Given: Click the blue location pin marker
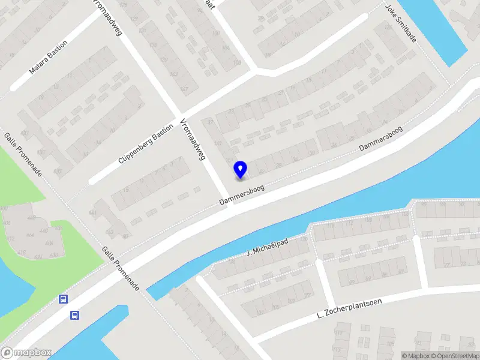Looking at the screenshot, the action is pyautogui.click(x=240, y=169).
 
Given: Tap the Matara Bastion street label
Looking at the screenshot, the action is pyautogui.click(x=49, y=58).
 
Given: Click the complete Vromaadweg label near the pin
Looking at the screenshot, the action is pyautogui.click(x=193, y=140).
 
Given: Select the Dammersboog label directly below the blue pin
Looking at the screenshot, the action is pyautogui.click(x=241, y=195).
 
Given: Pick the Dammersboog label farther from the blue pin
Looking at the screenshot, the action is pyautogui.click(x=380, y=138).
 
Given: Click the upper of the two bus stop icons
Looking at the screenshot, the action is pyautogui.click(x=62, y=299).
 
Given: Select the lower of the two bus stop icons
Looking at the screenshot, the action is pyautogui.click(x=76, y=315).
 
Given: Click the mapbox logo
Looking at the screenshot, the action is pyautogui.click(x=26, y=353).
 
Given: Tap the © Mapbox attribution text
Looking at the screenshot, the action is pyautogui.click(x=416, y=356).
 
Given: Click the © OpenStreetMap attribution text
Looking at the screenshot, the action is pyautogui.click(x=455, y=356).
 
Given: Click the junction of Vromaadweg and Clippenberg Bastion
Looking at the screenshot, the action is pyautogui.click(x=179, y=115).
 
